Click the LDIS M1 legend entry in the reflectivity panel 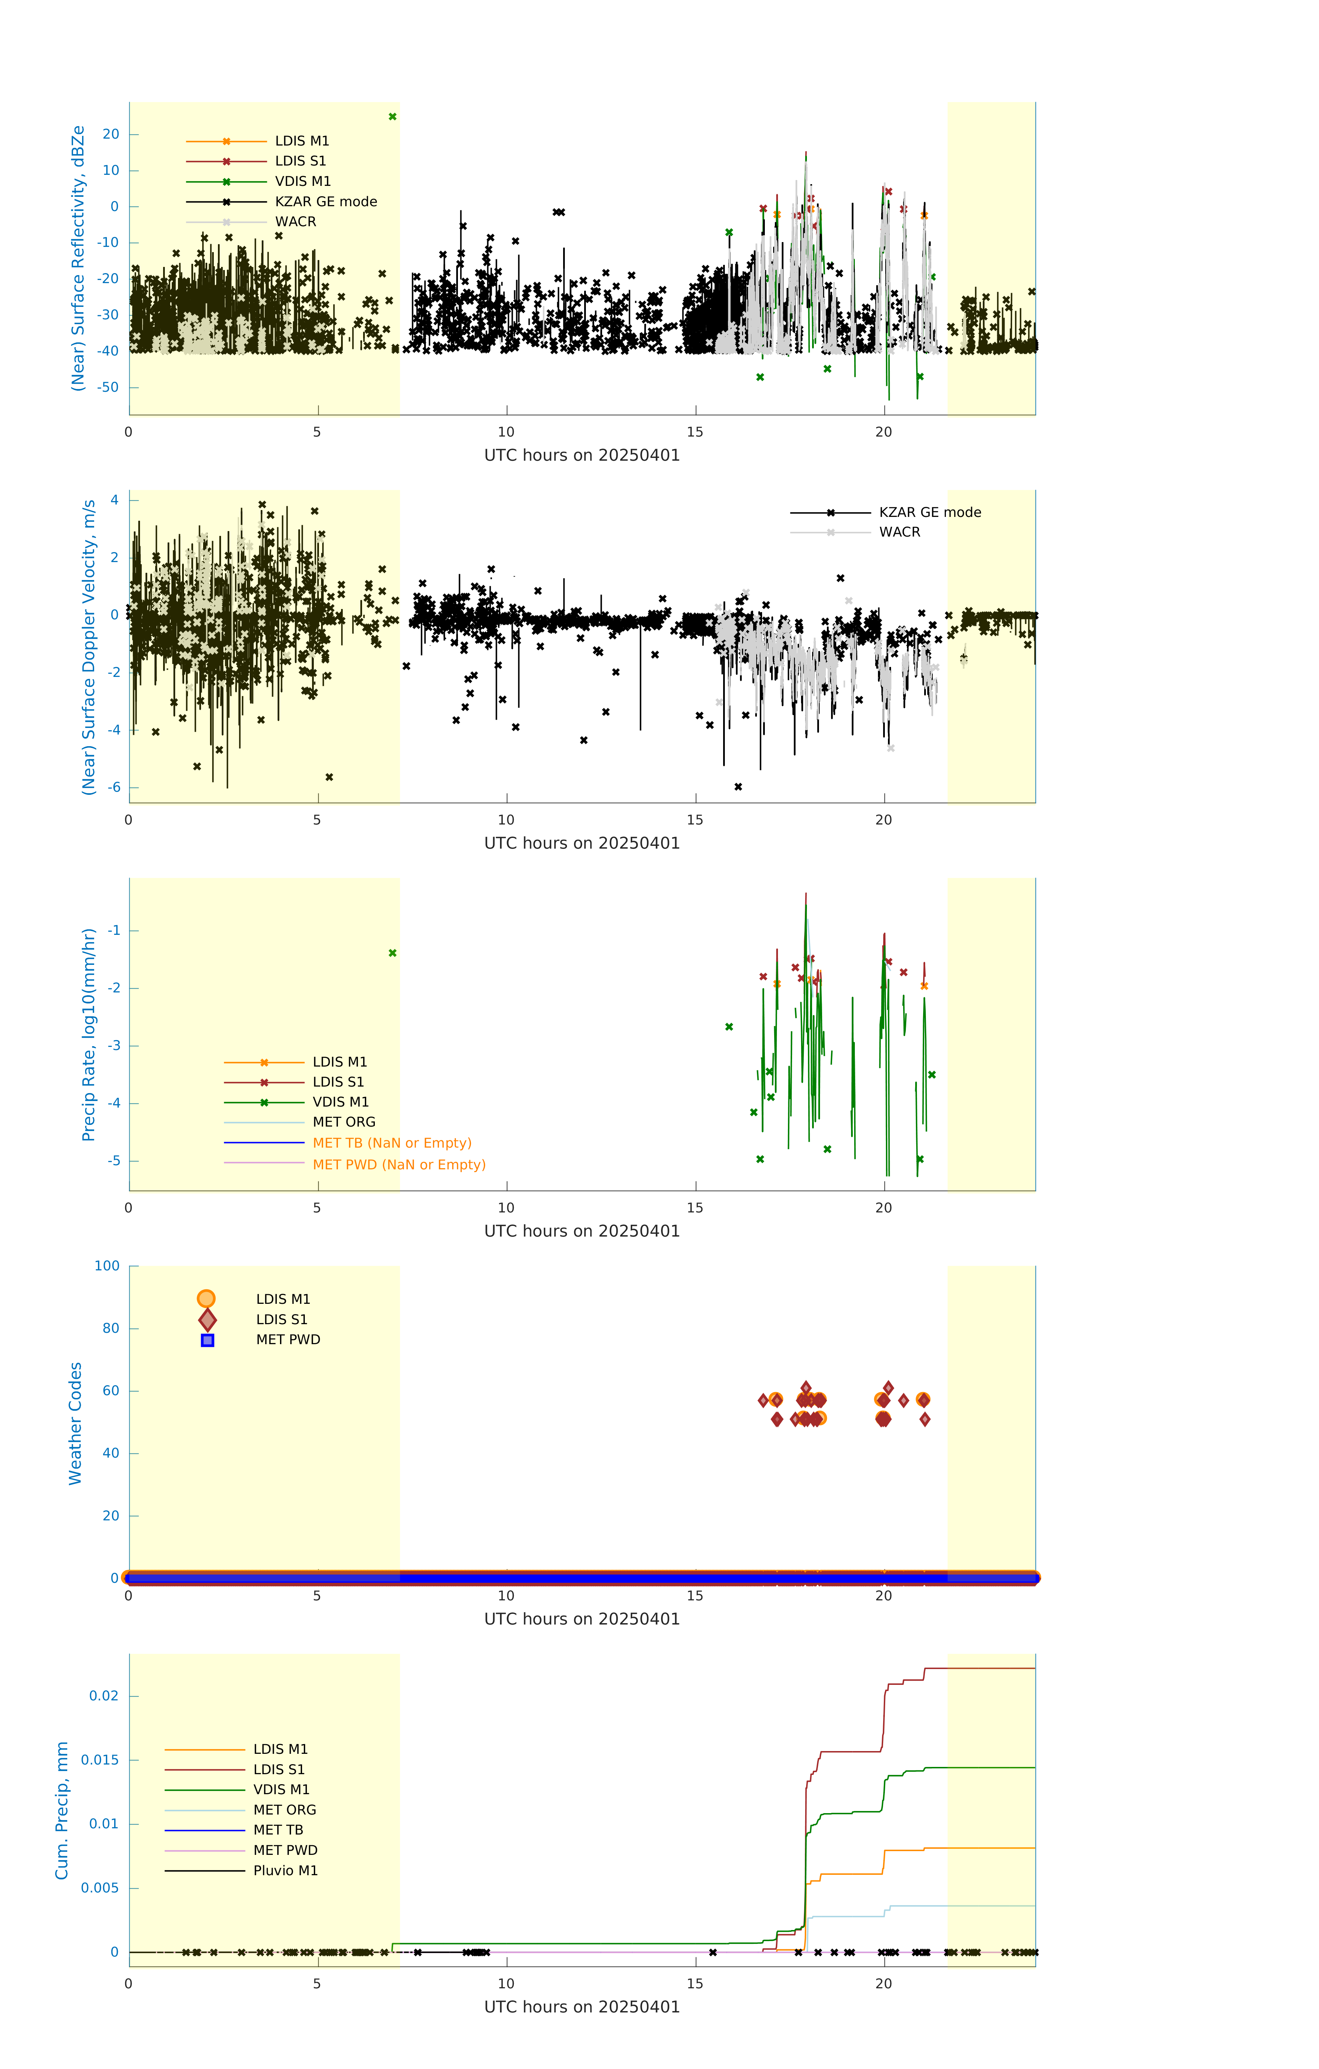point(302,141)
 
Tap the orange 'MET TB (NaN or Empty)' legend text point(392,1143)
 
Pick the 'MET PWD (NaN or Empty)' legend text point(399,1164)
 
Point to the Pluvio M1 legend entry point(285,1870)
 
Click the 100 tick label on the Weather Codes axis point(107,1266)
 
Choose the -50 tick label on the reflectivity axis point(107,388)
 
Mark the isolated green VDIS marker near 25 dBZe point(393,117)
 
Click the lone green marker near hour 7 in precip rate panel point(393,953)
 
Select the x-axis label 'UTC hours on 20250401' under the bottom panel point(582,2007)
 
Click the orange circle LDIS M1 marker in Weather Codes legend point(206,1298)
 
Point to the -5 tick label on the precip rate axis point(113,1161)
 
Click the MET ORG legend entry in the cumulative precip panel point(284,1810)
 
